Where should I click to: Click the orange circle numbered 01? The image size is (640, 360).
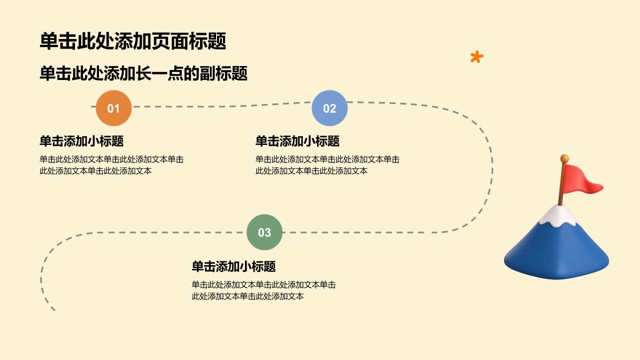point(113,108)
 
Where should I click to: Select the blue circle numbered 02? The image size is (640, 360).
point(329,108)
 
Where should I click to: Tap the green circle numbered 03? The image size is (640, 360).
point(264,232)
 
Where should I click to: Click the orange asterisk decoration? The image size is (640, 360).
point(476,57)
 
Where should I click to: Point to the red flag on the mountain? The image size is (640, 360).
point(581,180)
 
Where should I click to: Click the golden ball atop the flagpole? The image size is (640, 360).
point(564,158)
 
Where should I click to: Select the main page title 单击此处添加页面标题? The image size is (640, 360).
point(133,41)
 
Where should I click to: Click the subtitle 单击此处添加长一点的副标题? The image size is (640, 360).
point(143,73)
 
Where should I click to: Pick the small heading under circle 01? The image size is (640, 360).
point(81,141)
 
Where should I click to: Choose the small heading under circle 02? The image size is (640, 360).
point(297,141)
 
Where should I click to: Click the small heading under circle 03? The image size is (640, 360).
point(233,266)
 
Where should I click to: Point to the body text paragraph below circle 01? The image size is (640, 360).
point(111,165)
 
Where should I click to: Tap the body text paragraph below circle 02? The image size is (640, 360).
point(327,165)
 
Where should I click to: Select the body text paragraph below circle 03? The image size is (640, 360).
point(263,290)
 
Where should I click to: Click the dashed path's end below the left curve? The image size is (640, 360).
point(53,309)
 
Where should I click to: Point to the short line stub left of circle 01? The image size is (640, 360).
point(93,106)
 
